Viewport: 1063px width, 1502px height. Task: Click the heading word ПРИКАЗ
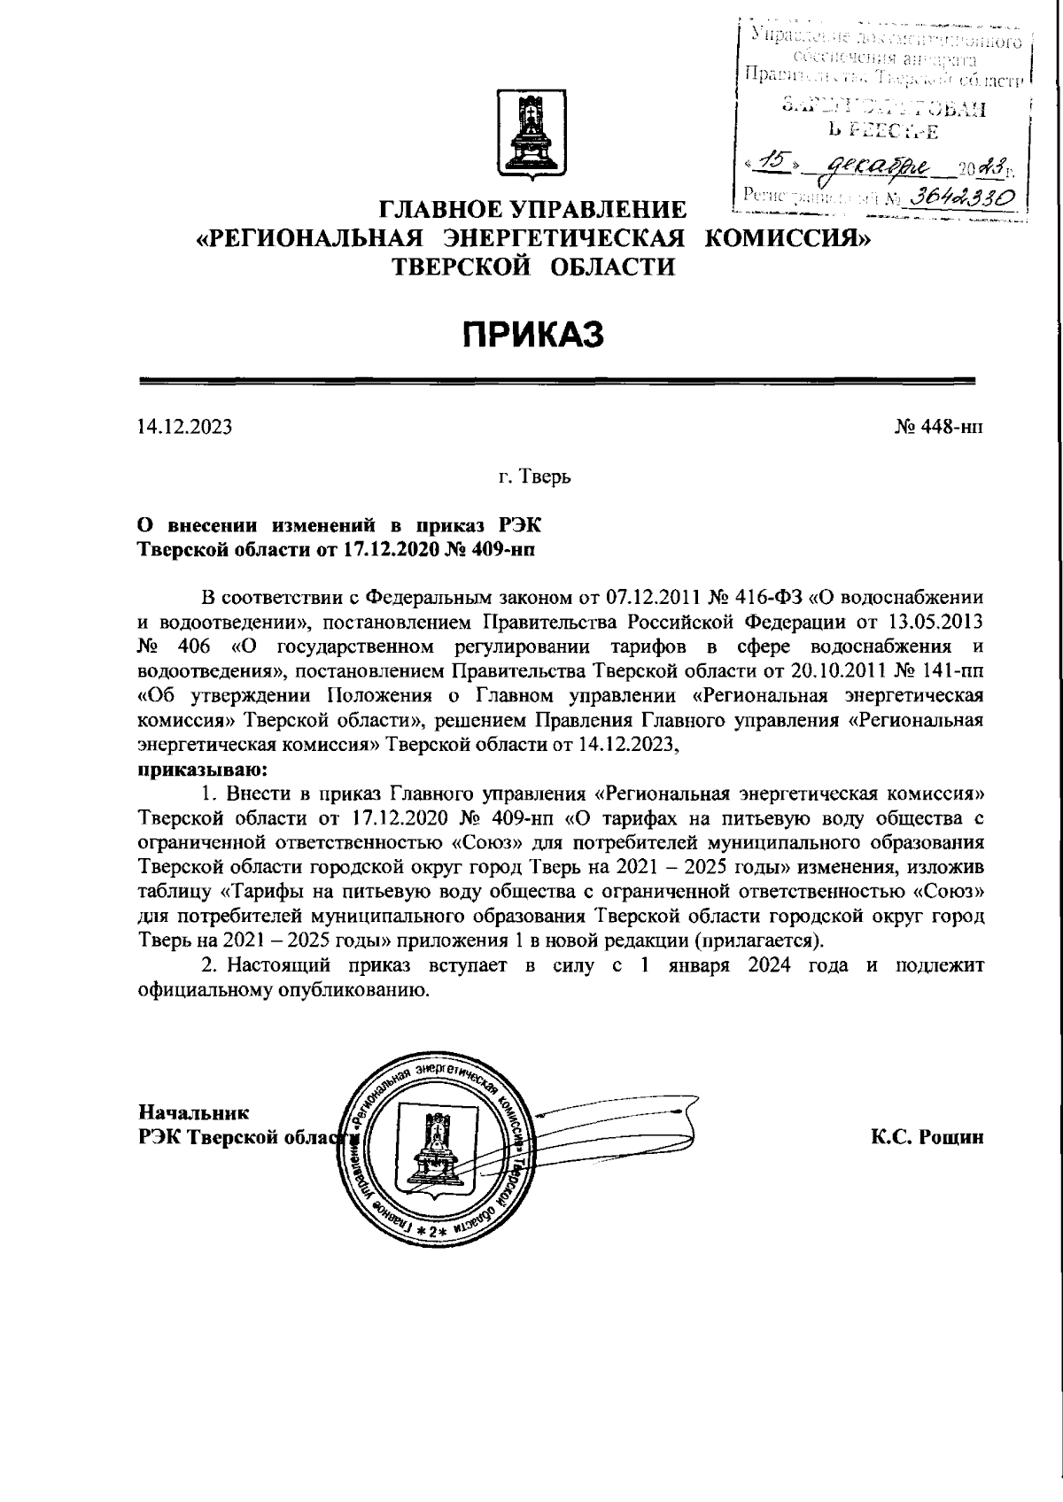tap(531, 336)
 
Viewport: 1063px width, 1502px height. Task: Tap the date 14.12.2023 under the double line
tap(185, 429)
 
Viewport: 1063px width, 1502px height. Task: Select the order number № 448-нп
tap(938, 429)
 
